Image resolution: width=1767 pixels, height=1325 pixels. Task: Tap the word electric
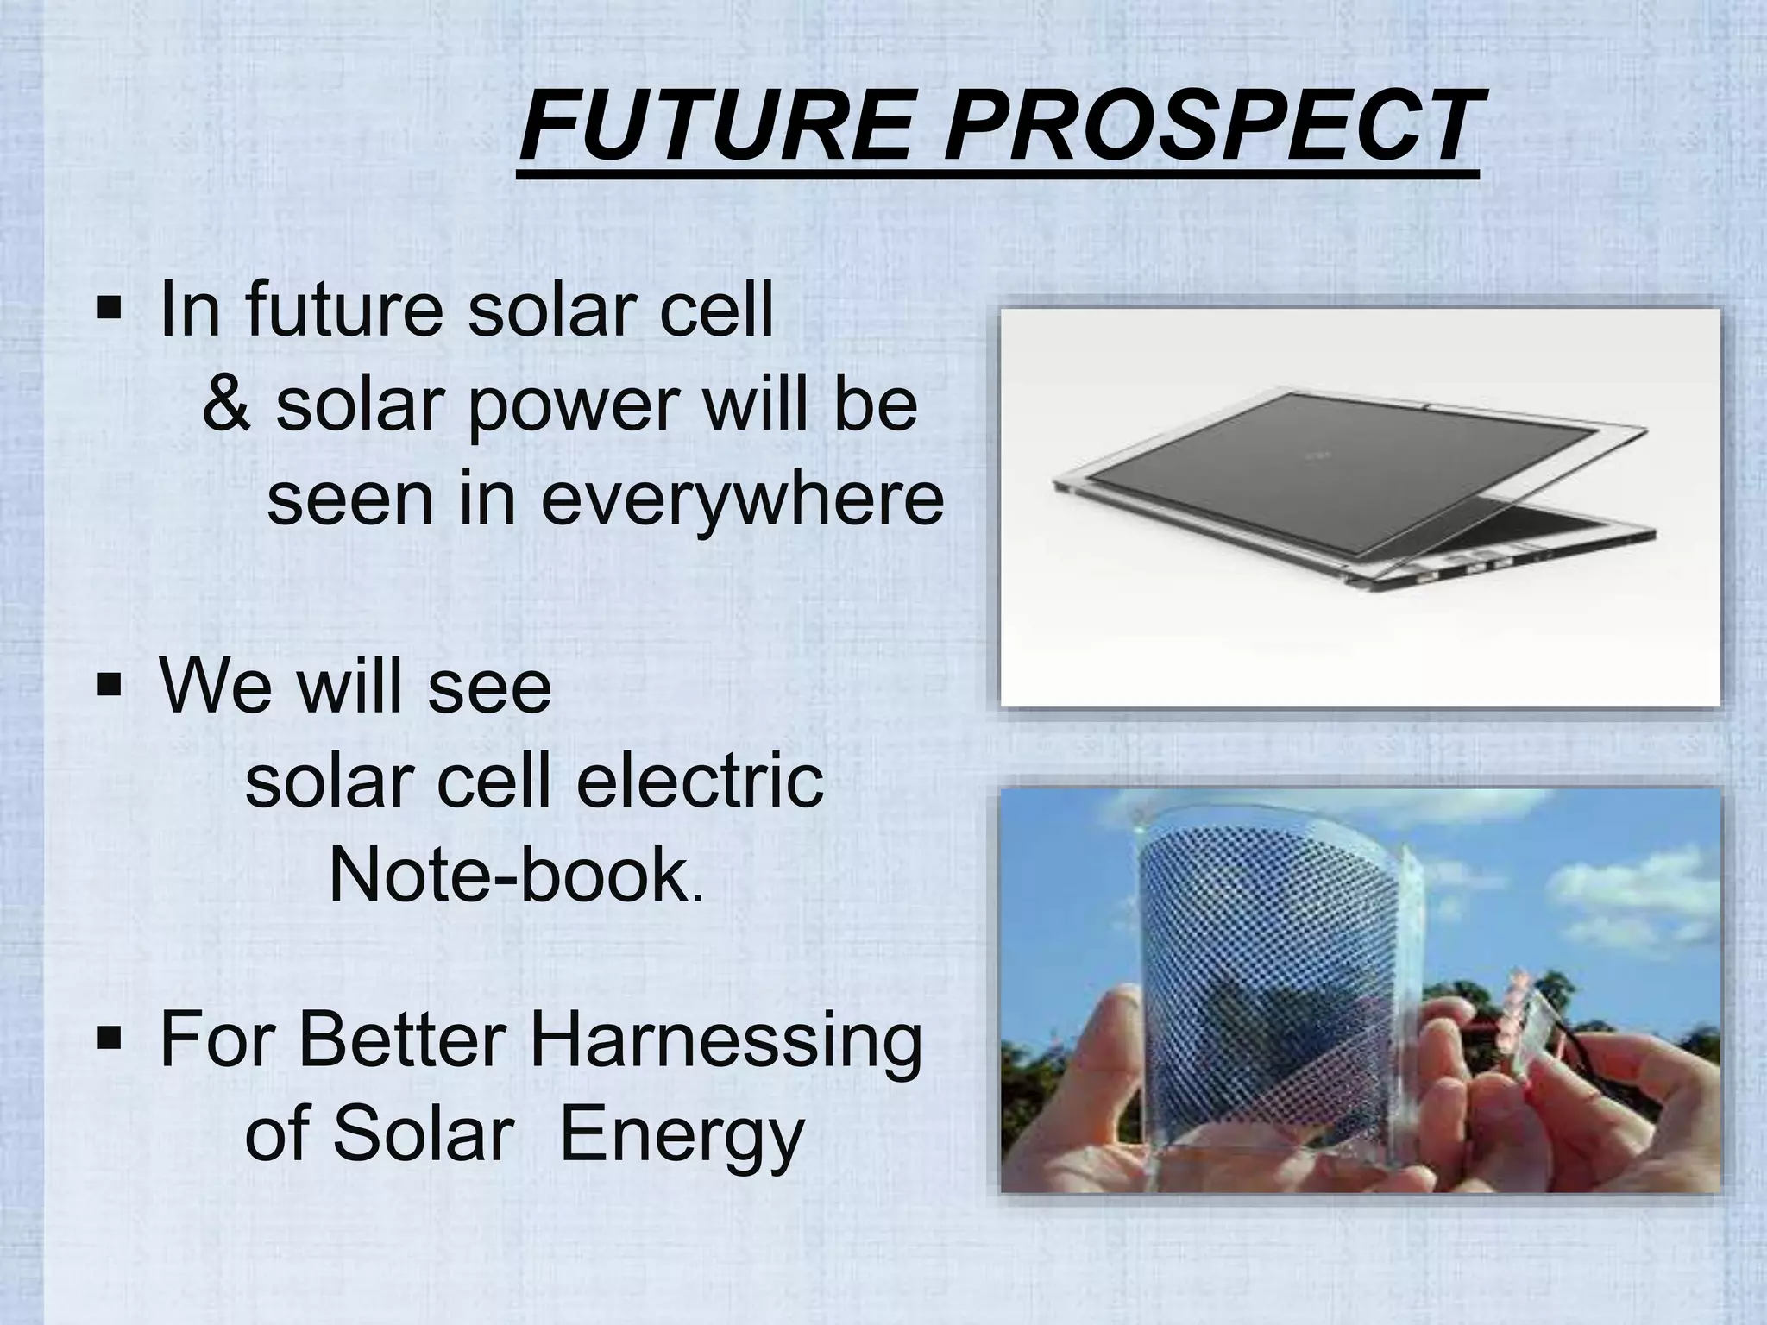click(699, 782)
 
